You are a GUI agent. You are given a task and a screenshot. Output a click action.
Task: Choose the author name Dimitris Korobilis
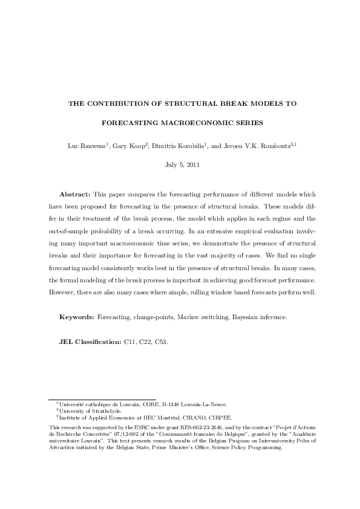pos(174,146)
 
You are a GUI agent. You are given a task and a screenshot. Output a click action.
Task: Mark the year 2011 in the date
pos(191,164)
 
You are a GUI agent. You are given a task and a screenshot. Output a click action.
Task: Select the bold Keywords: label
pos(77,317)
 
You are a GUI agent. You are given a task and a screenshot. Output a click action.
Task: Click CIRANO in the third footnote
pos(188,417)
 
